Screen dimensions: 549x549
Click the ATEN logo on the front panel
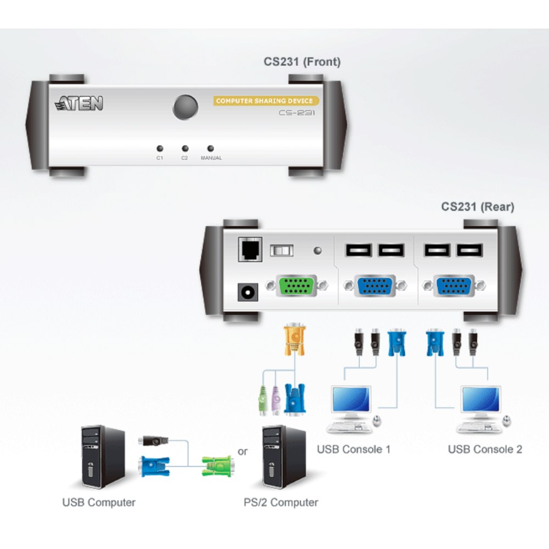pos(79,103)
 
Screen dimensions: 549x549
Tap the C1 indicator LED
pos(160,148)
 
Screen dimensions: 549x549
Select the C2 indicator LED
pos(185,148)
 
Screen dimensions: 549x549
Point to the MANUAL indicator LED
pos(210,148)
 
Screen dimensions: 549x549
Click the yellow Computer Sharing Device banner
pos(266,101)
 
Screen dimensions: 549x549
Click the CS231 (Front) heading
pos(302,61)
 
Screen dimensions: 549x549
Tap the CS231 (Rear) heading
pos(478,206)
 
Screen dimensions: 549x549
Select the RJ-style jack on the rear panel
pos(250,249)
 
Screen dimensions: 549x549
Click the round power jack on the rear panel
pos(248,292)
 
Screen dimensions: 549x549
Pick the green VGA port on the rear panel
pos(297,285)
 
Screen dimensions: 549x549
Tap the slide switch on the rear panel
pos(282,250)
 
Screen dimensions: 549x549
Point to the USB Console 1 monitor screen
pos(351,400)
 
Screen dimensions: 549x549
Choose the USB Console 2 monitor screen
pos(481,400)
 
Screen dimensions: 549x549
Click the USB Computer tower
pos(103,457)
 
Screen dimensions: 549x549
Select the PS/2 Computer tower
pos(284,457)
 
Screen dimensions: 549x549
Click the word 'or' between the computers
pos(243,452)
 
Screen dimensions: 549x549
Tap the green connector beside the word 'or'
pos(218,466)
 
